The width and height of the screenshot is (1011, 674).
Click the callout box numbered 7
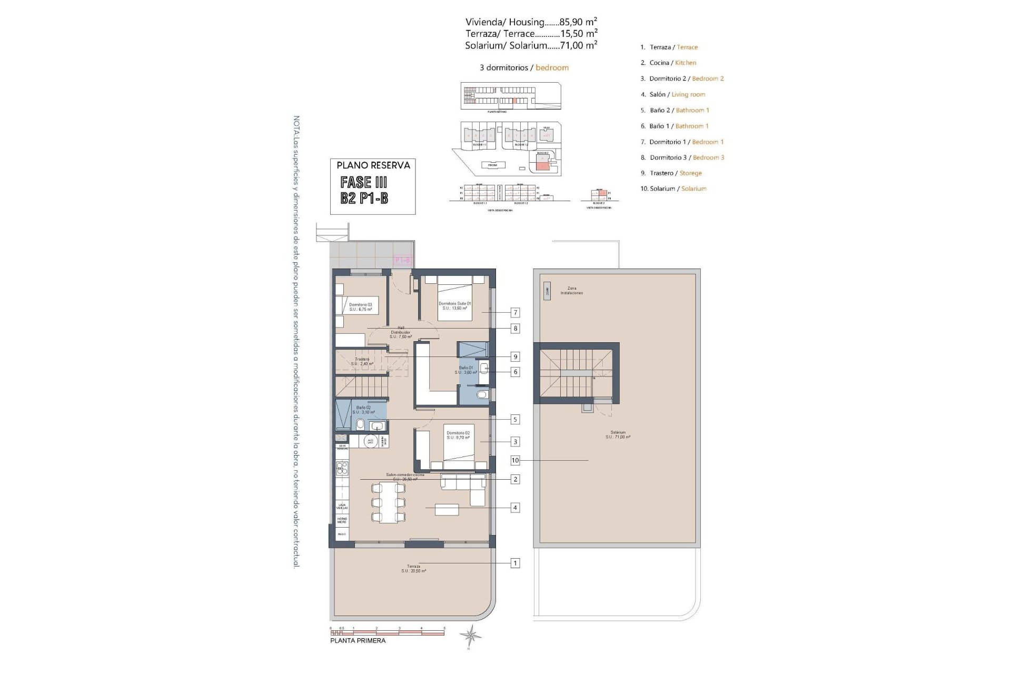(x=515, y=313)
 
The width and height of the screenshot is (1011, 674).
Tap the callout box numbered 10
(x=515, y=460)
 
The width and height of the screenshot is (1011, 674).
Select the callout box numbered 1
(x=515, y=563)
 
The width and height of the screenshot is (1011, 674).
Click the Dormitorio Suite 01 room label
(x=455, y=305)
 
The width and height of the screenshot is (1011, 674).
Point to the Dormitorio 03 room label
(x=360, y=307)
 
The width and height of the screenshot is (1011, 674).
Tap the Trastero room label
(x=362, y=361)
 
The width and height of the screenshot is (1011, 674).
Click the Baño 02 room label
(x=363, y=410)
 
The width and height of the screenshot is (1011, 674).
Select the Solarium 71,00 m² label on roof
(x=618, y=434)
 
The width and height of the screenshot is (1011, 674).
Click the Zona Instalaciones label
(x=571, y=291)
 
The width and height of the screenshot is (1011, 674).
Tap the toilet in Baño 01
(x=481, y=395)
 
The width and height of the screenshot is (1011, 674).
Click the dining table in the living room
(x=388, y=503)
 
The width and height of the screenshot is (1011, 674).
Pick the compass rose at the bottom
(x=470, y=636)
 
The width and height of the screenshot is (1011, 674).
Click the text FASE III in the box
(x=364, y=182)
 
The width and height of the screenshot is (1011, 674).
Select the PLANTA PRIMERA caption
(x=358, y=641)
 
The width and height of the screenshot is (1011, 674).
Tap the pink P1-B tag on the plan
(x=403, y=260)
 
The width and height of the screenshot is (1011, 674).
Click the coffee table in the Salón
(x=447, y=510)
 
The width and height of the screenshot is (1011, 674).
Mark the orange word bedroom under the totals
(x=552, y=68)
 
